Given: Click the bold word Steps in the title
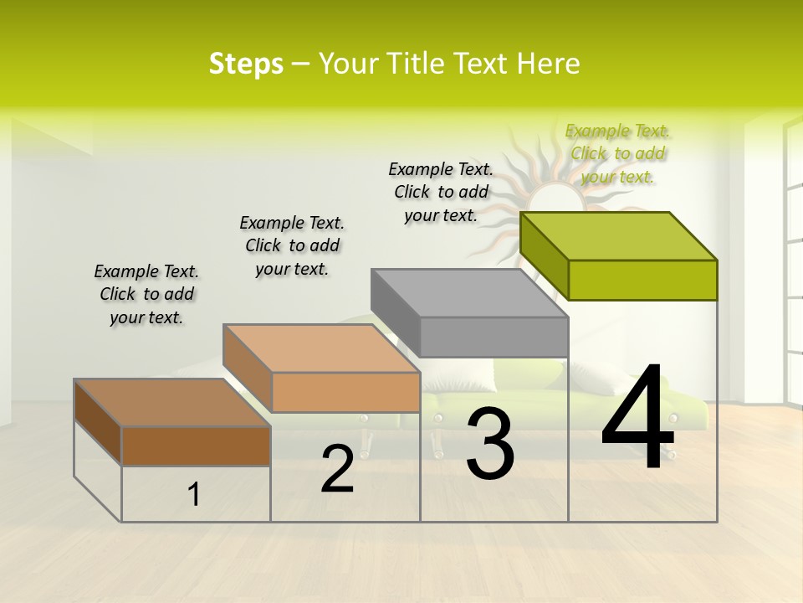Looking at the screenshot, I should tap(246, 64).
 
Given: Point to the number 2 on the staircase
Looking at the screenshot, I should tap(337, 469).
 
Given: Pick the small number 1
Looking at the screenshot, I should tap(193, 495).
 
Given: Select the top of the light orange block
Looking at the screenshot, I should tap(321, 348).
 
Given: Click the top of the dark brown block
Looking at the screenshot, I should tap(172, 403).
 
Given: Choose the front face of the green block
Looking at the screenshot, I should tap(642, 280).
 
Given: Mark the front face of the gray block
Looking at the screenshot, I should tap(494, 337).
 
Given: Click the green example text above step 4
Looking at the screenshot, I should tap(617, 153).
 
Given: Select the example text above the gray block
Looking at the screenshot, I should tap(441, 192).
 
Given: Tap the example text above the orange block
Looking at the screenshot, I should tap(292, 245).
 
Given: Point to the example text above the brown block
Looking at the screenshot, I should tap(146, 294).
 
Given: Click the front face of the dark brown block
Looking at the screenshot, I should tap(196, 446).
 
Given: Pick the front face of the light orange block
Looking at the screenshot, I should tap(345, 391).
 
